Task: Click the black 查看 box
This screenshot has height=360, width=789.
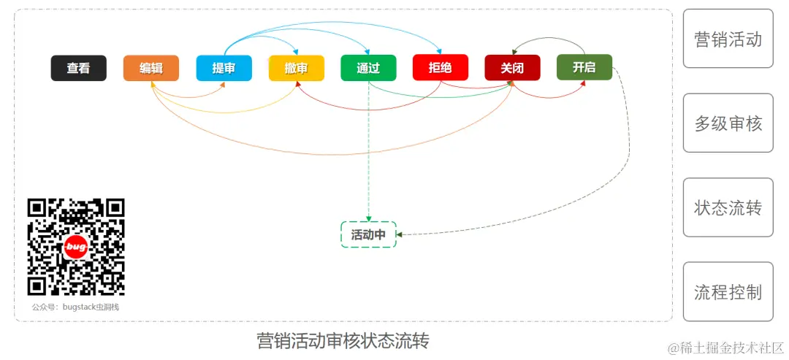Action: (78, 68)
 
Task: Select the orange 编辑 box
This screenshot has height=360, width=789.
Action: (151, 68)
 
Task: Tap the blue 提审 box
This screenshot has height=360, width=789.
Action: (224, 68)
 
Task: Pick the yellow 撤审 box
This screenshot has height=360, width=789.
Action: (296, 68)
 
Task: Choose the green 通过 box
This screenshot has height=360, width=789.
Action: (368, 68)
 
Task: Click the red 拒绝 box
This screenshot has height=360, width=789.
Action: (440, 68)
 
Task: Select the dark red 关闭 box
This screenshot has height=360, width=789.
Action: (512, 68)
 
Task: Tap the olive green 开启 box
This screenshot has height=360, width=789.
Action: (584, 67)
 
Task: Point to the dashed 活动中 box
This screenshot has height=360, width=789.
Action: (368, 234)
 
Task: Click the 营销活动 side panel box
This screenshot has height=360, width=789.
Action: (728, 39)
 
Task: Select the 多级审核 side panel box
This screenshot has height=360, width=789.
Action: (728, 123)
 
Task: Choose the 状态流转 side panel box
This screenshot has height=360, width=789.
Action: (728, 207)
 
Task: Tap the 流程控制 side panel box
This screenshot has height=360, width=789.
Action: (728, 292)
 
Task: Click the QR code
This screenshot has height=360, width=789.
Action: (76, 248)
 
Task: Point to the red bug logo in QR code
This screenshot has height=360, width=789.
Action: (76, 248)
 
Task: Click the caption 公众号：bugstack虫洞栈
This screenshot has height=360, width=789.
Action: (75, 307)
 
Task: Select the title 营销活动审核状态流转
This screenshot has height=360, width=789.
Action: (343, 341)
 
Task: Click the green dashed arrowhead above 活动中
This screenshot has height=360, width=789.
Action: (368, 219)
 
